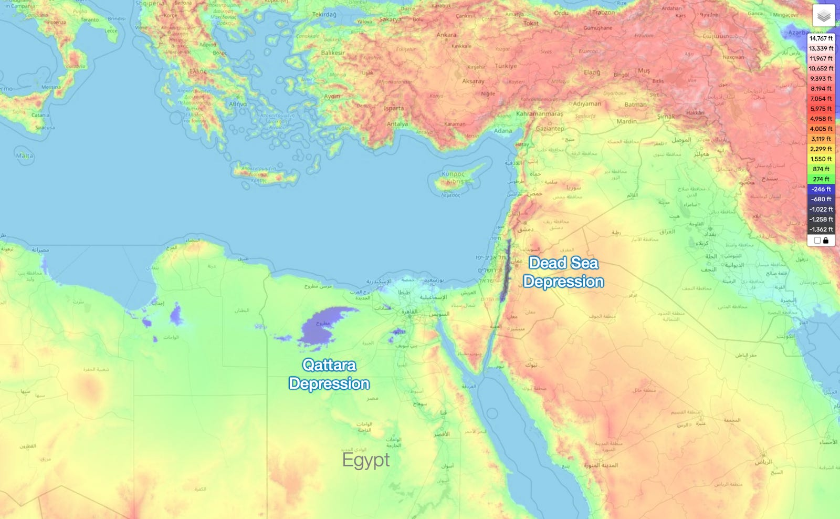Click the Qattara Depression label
click(329, 374)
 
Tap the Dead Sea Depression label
click(563, 272)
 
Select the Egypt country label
click(366, 460)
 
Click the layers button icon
click(824, 16)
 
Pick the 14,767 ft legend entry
click(821, 38)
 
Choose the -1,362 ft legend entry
click(821, 230)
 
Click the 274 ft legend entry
click(821, 179)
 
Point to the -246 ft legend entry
click(821, 189)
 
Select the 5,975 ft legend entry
click(821, 109)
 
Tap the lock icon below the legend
click(826, 241)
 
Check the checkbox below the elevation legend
click(817, 241)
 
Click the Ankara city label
click(446, 35)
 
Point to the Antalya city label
click(397, 124)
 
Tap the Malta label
click(24, 155)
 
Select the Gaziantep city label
click(550, 129)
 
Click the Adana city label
click(502, 131)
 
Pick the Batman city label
click(635, 105)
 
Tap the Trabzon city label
click(603, 13)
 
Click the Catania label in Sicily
click(40, 115)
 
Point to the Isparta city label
click(394, 109)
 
